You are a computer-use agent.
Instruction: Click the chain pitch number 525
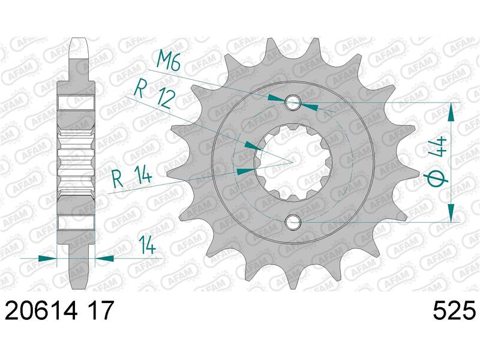[x=454, y=311]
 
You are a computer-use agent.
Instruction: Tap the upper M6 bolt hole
[x=292, y=103]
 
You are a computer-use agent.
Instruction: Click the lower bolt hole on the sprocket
[x=292, y=223]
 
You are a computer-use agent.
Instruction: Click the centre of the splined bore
[x=292, y=163]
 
